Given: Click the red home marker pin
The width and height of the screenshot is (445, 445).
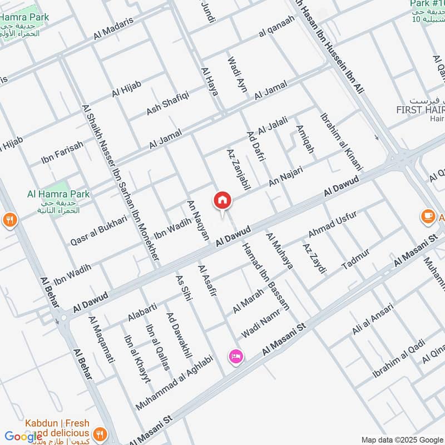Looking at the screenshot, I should (222, 200).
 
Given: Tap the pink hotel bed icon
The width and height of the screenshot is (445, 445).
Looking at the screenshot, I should (236, 357).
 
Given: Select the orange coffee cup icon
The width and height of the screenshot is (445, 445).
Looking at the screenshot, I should (428, 216).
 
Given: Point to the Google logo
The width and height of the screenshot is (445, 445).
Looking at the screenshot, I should (23, 436).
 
